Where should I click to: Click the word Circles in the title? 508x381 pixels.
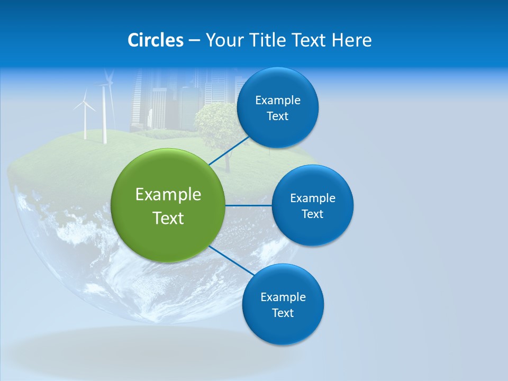[x=156, y=40]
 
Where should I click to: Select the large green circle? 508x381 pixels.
[x=168, y=205]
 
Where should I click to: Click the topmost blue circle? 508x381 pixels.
[x=278, y=107]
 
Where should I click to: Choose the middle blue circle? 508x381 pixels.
[x=312, y=205]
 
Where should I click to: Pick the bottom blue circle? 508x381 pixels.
[x=283, y=304]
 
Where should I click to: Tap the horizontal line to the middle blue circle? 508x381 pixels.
[x=248, y=205]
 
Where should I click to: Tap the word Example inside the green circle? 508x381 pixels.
[x=168, y=194]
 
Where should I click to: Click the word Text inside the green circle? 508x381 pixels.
[x=168, y=218]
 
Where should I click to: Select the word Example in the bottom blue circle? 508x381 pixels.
[x=283, y=297]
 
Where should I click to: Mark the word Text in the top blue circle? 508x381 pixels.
[x=277, y=116]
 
